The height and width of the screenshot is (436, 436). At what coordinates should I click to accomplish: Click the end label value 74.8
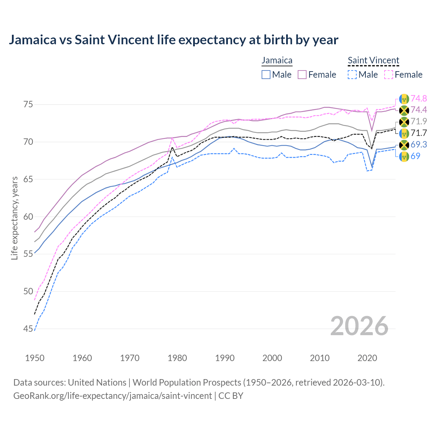point(419,99)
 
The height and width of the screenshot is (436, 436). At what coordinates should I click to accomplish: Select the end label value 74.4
point(419,110)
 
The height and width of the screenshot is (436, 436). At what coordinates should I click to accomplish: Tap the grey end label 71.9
point(419,122)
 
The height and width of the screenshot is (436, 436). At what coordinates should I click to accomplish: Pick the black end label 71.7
point(419,133)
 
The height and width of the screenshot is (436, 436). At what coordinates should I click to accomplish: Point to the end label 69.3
point(419,145)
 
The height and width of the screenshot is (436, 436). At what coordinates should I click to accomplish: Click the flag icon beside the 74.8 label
point(404,99)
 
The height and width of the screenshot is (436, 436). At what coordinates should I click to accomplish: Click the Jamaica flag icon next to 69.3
point(404,145)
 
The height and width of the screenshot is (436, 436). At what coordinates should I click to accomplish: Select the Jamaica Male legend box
point(266,75)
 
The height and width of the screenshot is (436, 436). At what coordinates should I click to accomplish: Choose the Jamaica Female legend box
point(302,75)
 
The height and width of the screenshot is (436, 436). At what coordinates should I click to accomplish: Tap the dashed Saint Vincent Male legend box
point(353,75)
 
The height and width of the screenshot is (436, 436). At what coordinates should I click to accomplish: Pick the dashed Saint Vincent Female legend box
point(389,75)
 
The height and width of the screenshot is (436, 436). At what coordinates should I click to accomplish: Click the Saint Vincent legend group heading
point(373,61)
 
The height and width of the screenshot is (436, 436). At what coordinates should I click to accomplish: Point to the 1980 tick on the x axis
point(177,358)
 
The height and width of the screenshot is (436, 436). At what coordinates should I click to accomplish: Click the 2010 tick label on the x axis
point(320,358)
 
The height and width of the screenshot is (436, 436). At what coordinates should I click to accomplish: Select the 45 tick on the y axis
point(28,329)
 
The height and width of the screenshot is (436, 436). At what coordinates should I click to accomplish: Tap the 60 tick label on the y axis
point(28,217)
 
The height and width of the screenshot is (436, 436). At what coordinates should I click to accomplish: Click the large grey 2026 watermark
point(359,326)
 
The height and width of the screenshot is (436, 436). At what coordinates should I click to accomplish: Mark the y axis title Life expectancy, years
point(15,218)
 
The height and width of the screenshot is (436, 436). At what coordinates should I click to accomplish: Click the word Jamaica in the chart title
point(32,40)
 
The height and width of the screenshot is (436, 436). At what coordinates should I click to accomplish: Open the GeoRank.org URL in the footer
point(112,396)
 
